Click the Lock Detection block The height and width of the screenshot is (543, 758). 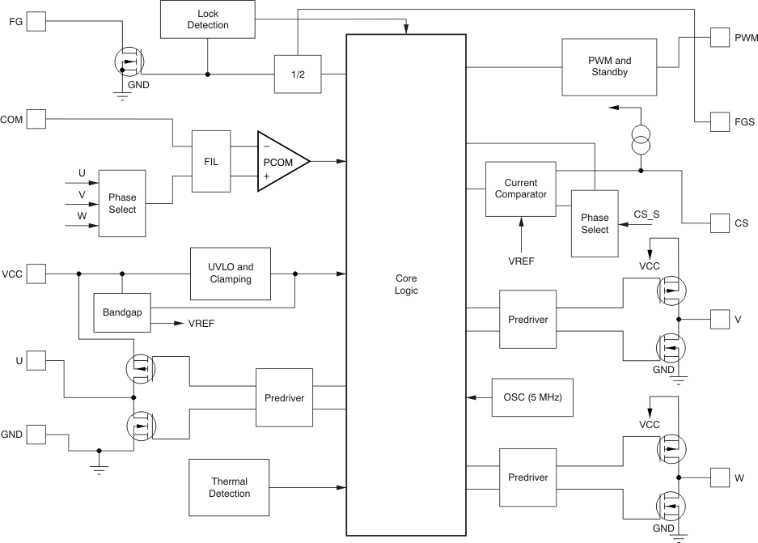[x=208, y=19]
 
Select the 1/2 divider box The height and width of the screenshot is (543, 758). [x=297, y=74]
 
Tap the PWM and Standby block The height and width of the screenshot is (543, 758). [x=608, y=66]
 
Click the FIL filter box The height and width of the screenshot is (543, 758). [x=210, y=160]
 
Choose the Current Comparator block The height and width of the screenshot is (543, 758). [x=520, y=189]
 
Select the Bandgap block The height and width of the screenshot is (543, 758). [x=122, y=312]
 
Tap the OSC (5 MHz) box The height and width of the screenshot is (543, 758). [x=532, y=398]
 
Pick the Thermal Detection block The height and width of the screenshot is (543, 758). [x=231, y=487]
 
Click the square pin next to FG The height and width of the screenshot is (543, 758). [x=37, y=22]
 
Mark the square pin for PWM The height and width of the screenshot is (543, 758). [x=720, y=37]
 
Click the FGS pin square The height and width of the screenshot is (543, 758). [x=720, y=122]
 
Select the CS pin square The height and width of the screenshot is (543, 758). [x=720, y=223]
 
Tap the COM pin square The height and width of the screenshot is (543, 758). [x=37, y=121]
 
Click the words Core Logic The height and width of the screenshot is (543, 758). [x=406, y=284]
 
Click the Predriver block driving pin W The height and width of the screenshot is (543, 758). [x=528, y=477]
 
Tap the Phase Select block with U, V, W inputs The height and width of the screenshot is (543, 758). [x=122, y=203]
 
